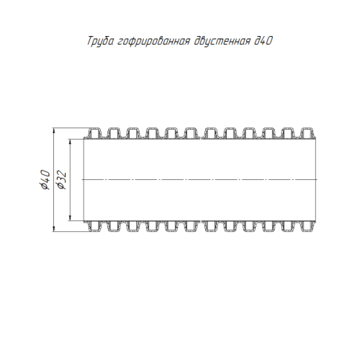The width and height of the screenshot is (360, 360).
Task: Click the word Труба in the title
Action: (x=100, y=41)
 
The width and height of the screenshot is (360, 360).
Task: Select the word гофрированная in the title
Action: (x=153, y=41)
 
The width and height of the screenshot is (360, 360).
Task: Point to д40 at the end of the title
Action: (x=264, y=41)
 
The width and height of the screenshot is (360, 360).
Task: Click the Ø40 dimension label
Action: (x=45, y=180)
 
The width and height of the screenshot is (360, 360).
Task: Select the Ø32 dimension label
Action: (x=60, y=180)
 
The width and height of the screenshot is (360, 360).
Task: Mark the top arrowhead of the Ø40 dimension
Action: (x=54, y=131)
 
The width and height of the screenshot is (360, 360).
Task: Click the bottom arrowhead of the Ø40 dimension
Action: (x=54, y=229)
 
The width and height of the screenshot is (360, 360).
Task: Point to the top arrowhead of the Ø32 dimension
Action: (x=70, y=142)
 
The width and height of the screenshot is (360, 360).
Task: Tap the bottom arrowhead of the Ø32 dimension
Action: (x=70, y=217)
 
